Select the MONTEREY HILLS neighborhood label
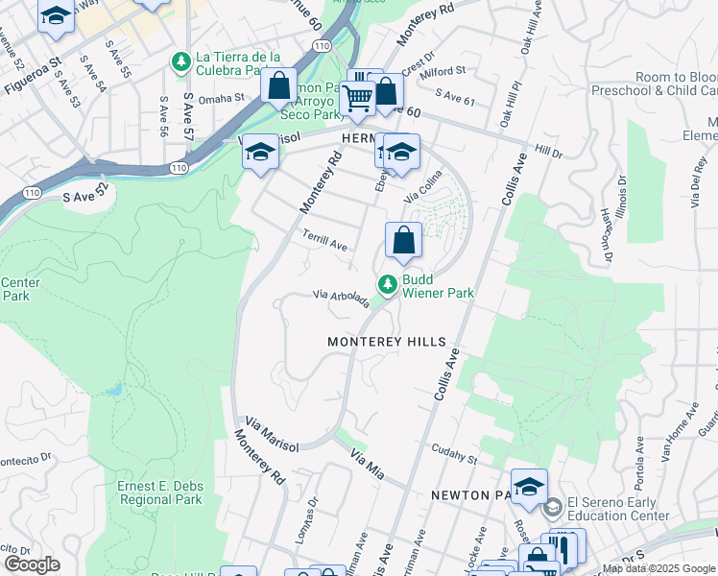(387, 342)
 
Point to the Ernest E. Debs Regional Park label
(160, 492)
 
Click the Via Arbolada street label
(340, 300)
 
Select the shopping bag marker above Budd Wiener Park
(404, 241)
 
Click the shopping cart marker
(358, 97)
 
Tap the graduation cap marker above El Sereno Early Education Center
(529, 487)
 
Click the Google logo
(32, 564)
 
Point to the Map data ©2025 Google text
(658, 568)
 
